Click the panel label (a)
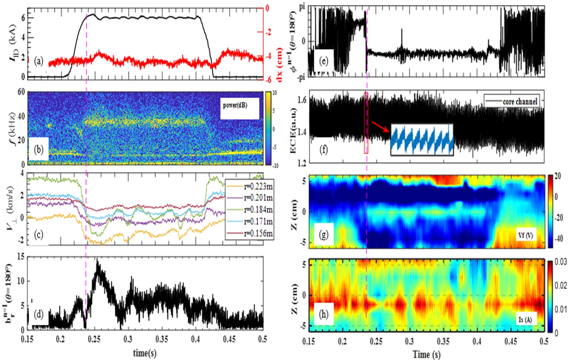click(39, 61)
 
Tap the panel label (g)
click(323, 235)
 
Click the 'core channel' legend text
click(520, 101)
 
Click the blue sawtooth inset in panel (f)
click(422, 139)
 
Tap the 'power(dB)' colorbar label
click(235, 105)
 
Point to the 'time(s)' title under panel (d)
click(145, 353)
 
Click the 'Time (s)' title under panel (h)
click(427, 354)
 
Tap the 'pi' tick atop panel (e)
click(301, 7)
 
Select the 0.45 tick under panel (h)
click(511, 342)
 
